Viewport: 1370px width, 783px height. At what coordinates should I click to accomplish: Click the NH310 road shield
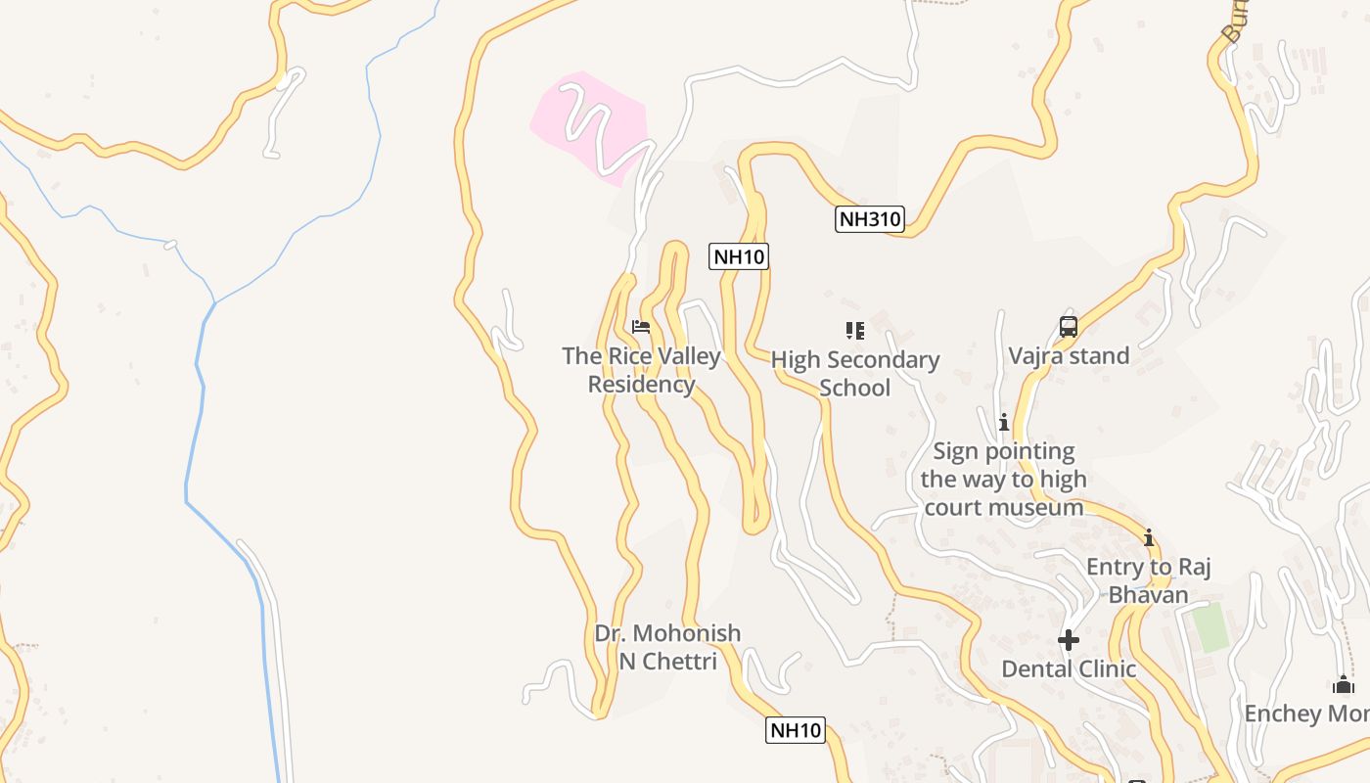click(x=869, y=219)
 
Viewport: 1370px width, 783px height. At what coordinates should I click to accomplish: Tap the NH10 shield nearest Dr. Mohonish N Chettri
click(x=796, y=730)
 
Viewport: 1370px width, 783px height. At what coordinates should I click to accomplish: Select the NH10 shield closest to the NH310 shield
click(x=739, y=257)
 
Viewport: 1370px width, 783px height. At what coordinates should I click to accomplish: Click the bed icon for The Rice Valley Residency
click(x=641, y=327)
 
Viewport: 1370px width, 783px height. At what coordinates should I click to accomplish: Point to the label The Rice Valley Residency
click(x=641, y=370)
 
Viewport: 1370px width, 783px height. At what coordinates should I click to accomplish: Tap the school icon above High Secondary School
click(x=855, y=331)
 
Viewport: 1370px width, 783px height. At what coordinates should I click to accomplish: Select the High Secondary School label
click(x=854, y=374)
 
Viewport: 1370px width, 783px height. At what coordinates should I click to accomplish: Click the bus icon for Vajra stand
click(x=1068, y=327)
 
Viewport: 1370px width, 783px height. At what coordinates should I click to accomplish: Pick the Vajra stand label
click(x=1069, y=355)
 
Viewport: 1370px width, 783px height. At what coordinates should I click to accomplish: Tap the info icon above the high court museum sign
click(x=1003, y=423)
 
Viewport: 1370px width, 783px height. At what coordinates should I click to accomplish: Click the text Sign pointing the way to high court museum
click(x=1003, y=480)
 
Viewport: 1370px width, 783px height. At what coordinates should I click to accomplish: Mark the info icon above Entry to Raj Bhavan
click(x=1149, y=538)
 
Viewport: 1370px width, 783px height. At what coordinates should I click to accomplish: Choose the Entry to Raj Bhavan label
click(x=1149, y=580)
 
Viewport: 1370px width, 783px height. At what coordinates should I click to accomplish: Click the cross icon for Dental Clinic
click(x=1068, y=640)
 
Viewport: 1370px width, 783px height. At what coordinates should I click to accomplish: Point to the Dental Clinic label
click(x=1069, y=669)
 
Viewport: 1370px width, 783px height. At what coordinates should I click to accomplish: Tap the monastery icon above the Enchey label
click(x=1343, y=685)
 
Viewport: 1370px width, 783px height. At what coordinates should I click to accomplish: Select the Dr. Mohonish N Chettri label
click(x=667, y=647)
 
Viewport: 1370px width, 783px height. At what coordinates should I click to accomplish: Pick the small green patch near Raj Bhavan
click(x=1211, y=627)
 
